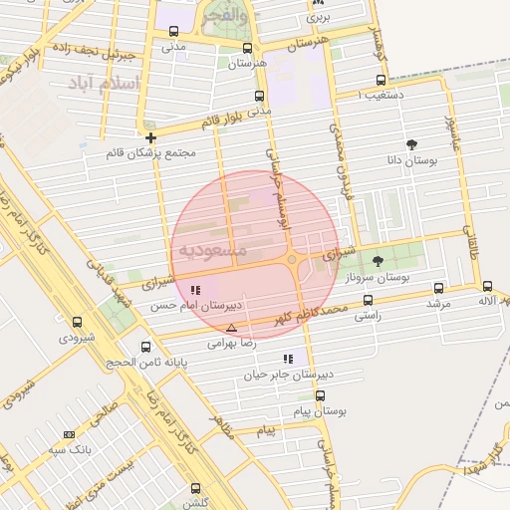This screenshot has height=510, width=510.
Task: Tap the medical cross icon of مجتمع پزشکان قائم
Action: [x=150, y=137]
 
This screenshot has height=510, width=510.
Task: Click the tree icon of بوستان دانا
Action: [x=412, y=144]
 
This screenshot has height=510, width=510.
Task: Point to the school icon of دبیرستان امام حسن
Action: [x=194, y=290]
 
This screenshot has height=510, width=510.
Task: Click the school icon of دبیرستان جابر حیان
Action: [x=288, y=359]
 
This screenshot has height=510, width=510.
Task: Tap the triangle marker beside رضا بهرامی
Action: [x=231, y=328]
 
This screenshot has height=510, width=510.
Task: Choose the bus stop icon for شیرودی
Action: [x=77, y=322]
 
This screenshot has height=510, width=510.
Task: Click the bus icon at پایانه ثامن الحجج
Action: [x=147, y=347]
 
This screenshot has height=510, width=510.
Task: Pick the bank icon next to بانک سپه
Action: [x=69, y=434]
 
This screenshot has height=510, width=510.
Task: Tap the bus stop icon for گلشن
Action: [x=195, y=488]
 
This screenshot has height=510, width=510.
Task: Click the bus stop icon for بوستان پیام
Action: [x=320, y=395]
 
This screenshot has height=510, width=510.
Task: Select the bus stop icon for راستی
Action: [x=369, y=300]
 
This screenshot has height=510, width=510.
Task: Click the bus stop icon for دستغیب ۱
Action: [x=380, y=81]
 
